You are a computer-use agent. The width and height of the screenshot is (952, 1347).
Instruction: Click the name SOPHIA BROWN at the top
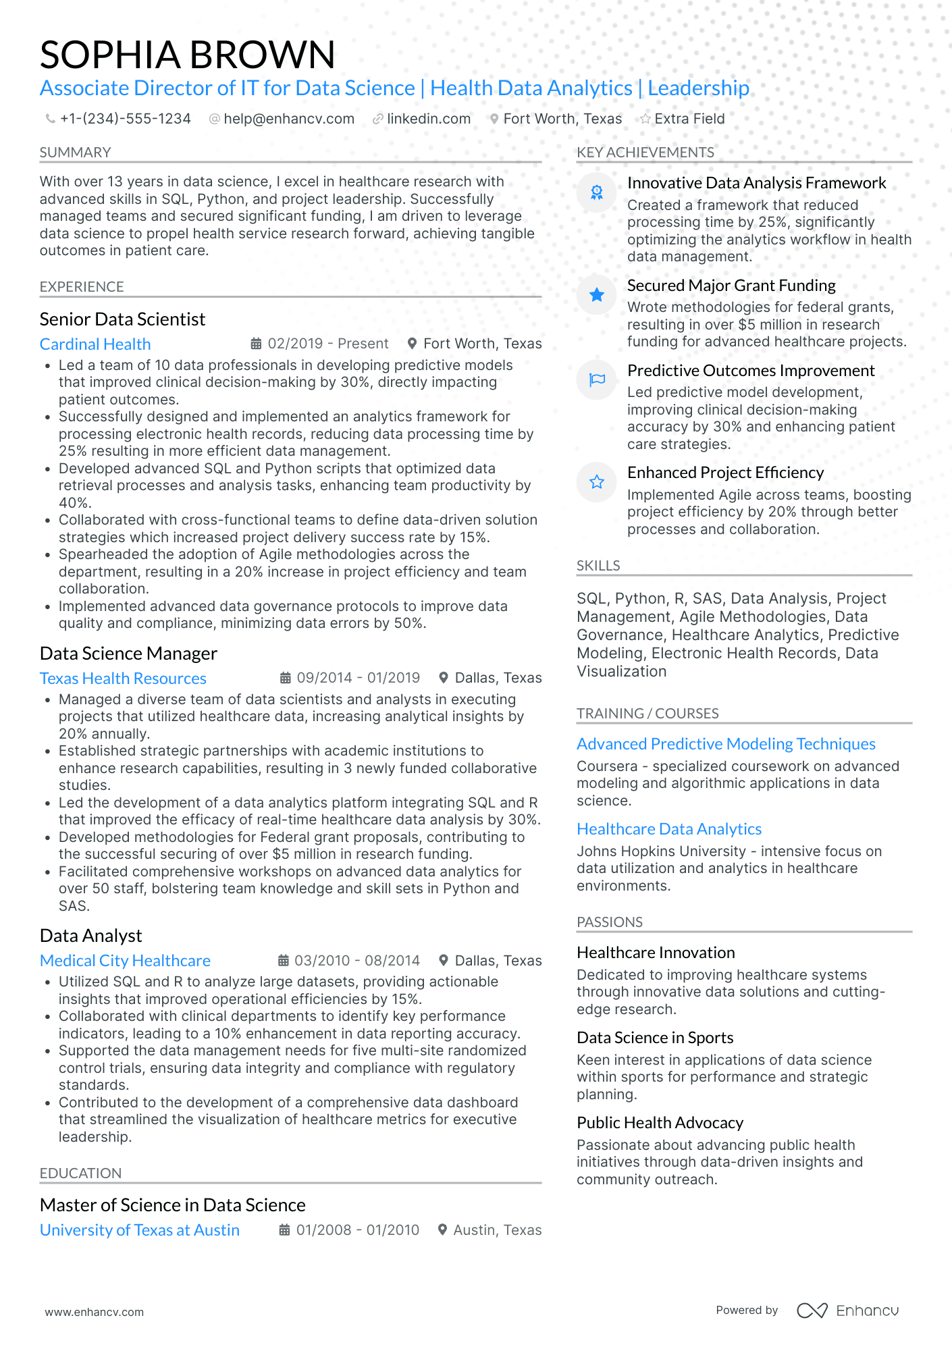click(187, 55)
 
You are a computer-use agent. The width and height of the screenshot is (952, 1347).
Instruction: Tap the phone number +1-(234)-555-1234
click(125, 119)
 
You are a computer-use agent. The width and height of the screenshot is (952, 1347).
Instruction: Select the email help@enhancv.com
click(288, 119)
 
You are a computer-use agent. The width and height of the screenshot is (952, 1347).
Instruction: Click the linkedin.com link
click(428, 119)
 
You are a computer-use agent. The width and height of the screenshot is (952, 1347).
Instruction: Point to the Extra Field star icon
click(645, 119)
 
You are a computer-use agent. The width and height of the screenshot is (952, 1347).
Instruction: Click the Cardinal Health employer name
click(95, 344)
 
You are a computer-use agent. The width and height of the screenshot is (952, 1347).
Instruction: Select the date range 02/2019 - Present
click(327, 344)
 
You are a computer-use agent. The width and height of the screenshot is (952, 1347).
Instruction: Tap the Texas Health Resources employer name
click(123, 679)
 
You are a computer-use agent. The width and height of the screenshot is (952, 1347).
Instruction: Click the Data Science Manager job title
click(128, 654)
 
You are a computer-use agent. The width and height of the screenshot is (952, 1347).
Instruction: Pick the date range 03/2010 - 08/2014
click(356, 961)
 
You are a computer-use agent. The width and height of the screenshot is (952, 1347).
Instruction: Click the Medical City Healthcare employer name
click(125, 961)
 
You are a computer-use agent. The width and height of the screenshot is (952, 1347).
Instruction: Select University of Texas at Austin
click(140, 1230)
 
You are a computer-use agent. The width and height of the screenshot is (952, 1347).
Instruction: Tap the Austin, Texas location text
click(497, 1230)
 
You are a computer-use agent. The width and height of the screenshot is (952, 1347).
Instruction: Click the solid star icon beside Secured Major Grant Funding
click(597, 295)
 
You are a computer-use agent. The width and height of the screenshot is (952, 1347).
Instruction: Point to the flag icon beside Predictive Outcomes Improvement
click(597, 380)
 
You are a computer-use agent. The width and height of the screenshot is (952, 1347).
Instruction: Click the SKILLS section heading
click(598, 566)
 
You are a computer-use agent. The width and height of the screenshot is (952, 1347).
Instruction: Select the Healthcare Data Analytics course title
click(668, 829)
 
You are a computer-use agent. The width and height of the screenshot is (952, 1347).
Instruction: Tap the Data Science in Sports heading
click(654, 1038)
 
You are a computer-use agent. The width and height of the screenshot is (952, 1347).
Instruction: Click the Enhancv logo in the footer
click(847, 1311)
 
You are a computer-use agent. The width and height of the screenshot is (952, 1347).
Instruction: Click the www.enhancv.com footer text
click(95, 1312)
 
